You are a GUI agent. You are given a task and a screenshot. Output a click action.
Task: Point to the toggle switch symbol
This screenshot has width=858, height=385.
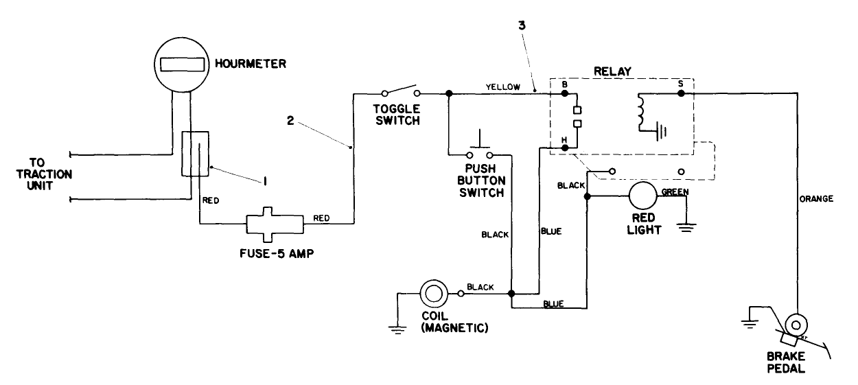pos(399,92)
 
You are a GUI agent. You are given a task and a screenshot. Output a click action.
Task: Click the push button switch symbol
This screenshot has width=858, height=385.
pos(480,149)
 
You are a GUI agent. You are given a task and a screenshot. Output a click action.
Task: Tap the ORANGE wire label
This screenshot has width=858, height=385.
pos(815,199)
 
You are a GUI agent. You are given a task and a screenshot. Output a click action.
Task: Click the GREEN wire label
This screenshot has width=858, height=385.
pos(675,191)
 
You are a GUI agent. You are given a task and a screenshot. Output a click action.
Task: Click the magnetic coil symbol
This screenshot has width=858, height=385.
pos(434,294)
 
